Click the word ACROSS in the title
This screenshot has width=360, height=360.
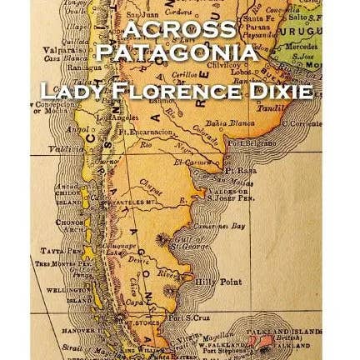click(179, 29)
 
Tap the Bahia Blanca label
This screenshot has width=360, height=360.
click(222, 122)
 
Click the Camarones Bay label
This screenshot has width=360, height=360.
click(227, 225)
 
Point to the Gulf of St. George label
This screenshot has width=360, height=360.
click(205, 243)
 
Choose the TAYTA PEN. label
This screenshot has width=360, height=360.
click(51, 249)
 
